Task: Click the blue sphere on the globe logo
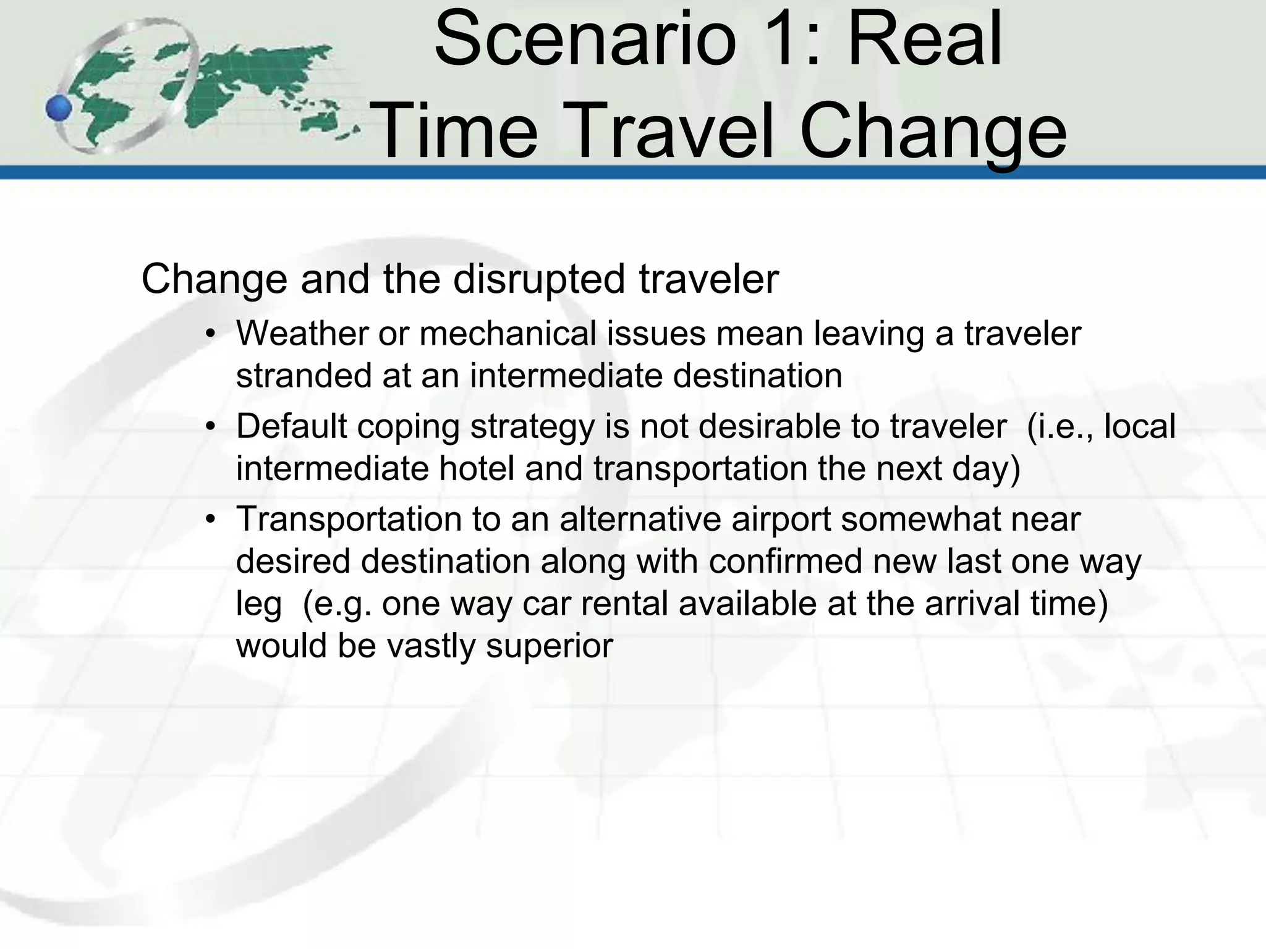[x=59, y=109]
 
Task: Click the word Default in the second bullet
[x=291, y=426]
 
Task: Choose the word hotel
[x=477, y=468]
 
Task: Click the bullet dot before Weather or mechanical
[x=211, y=334]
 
